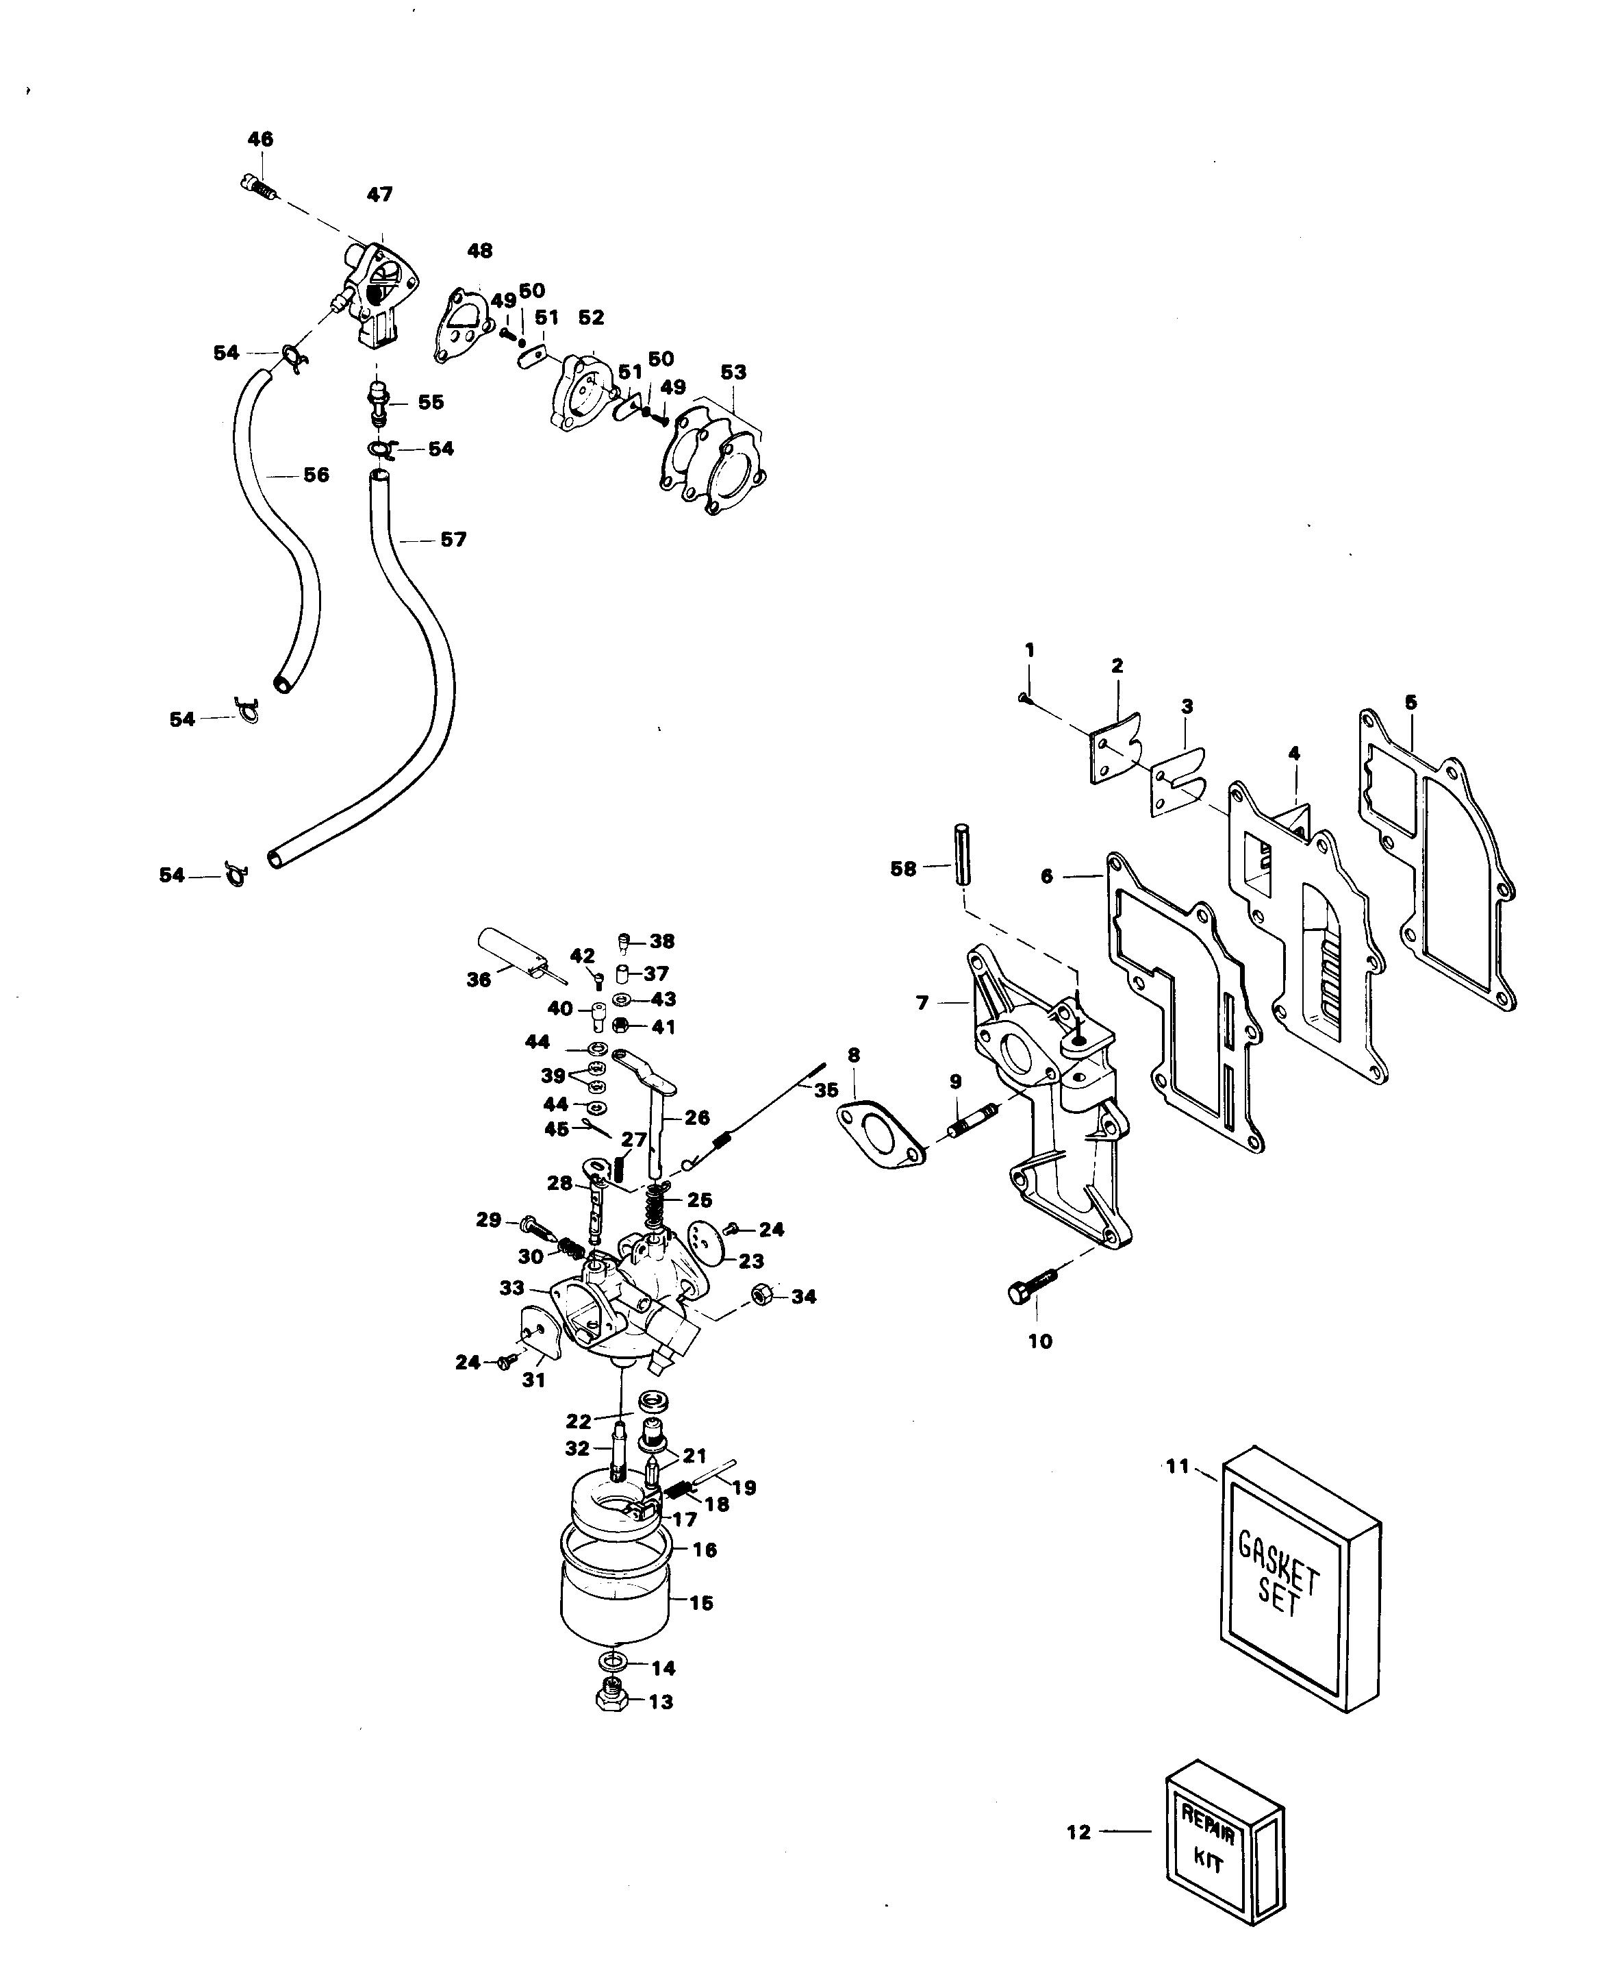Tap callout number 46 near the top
click(x=260, y=139)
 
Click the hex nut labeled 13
click(x=611, y=1696)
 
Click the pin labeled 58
click(x=963, y=853)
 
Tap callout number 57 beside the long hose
click(x=453, y=539)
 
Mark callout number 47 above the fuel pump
click(x=379, y=195)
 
